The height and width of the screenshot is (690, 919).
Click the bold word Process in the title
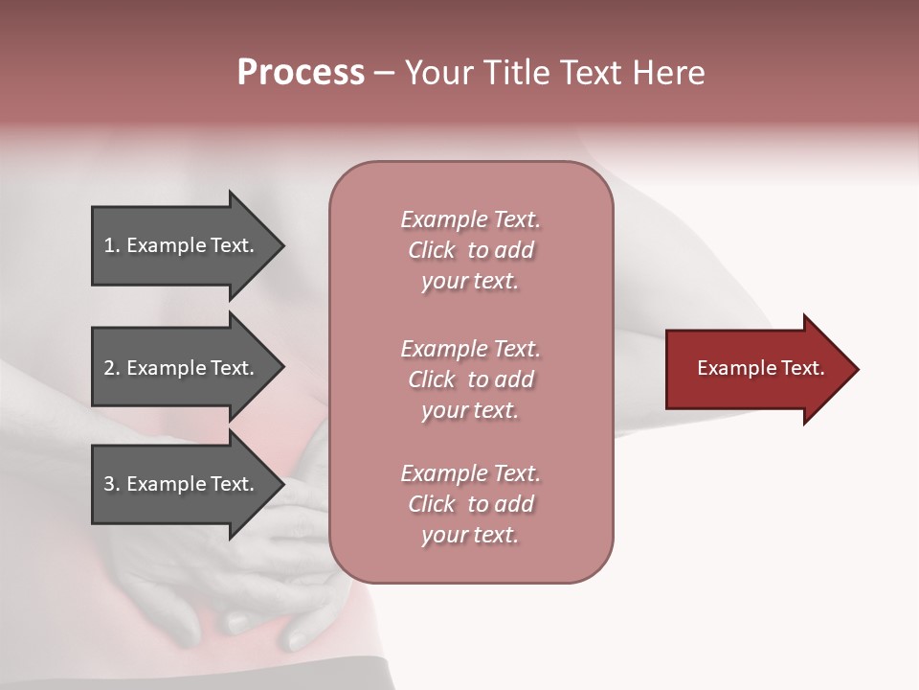tap(301, 73)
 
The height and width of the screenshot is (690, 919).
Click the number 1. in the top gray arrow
tap(112, 245)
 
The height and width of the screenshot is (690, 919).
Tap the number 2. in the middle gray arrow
tap(112, 368)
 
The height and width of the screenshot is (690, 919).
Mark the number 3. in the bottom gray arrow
tap(112, 484)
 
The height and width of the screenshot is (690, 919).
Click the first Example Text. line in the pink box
tap(470, 219)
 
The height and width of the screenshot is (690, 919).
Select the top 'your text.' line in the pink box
tap(470, 282)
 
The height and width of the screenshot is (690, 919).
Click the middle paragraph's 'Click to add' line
tap(470, 379)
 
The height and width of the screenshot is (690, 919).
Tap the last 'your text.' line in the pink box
tap(470, 535)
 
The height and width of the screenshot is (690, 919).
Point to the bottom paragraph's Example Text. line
tap(470, 473)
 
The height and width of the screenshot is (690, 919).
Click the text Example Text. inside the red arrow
tap(760, 368)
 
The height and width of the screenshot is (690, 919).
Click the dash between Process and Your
tap(384, 74)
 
